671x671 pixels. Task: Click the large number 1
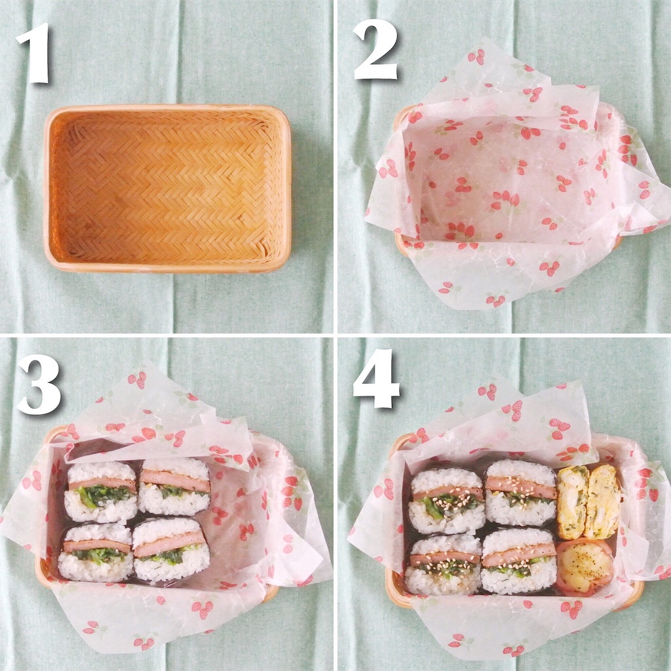point(33,53)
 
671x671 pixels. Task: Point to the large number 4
point(376,379)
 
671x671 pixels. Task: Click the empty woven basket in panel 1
point(167,188)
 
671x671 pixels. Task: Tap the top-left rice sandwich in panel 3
point(101,491)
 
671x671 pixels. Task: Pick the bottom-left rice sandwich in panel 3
point(96,552)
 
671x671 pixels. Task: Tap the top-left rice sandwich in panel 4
point(447,501)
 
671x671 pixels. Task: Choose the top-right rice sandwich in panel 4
point(520,492)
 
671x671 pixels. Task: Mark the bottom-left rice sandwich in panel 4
point(444,564)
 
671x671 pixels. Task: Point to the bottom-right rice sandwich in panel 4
point(519,561)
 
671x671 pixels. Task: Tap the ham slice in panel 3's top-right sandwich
point(176,480)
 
